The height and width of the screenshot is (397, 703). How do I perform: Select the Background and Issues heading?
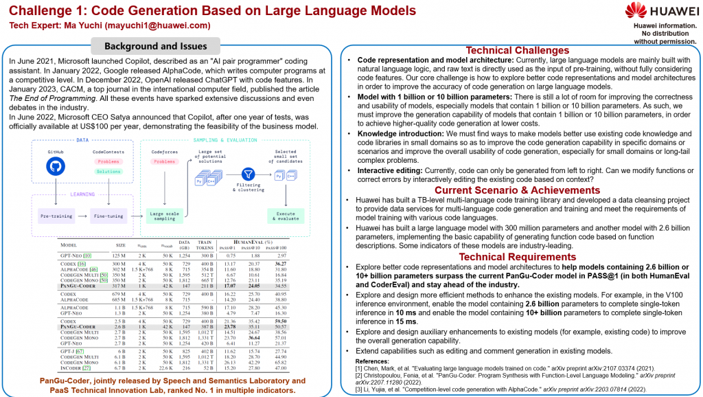(x=155, y=47)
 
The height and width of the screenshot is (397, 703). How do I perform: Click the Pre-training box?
(x=56, y=215)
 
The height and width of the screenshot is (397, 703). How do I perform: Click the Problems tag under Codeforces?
(x=164, y=162)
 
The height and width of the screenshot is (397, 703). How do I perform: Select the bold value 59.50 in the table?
(x=280, y=321)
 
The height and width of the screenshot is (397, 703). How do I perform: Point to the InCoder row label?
(x=72, y=367)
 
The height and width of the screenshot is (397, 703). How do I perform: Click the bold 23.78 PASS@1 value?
(x=231, y=326)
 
